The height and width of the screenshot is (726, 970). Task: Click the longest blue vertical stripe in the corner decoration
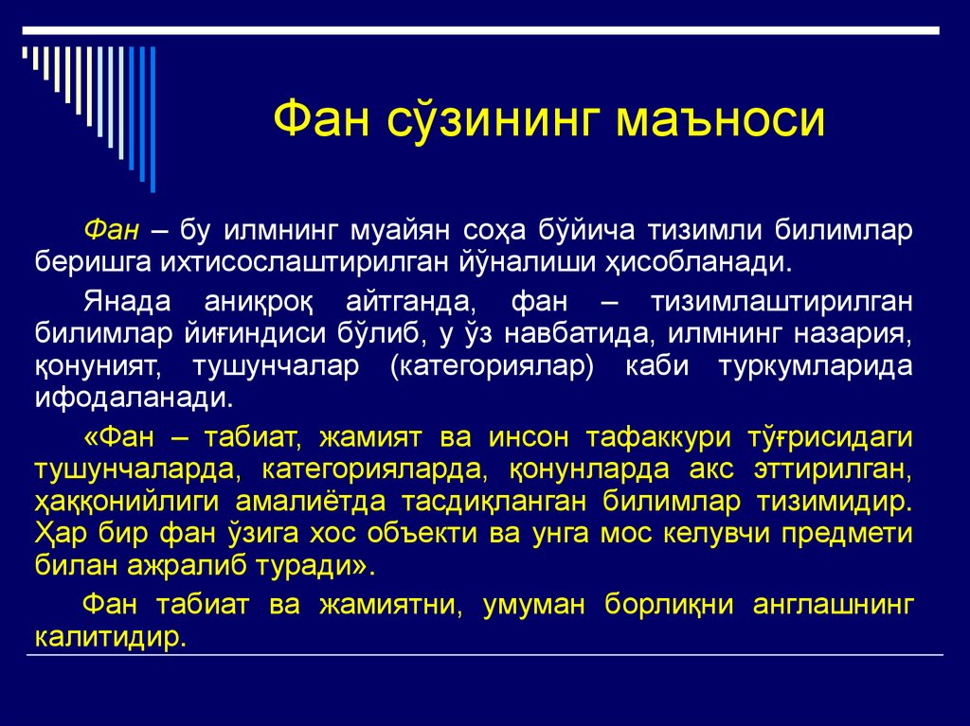coord(152,114)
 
